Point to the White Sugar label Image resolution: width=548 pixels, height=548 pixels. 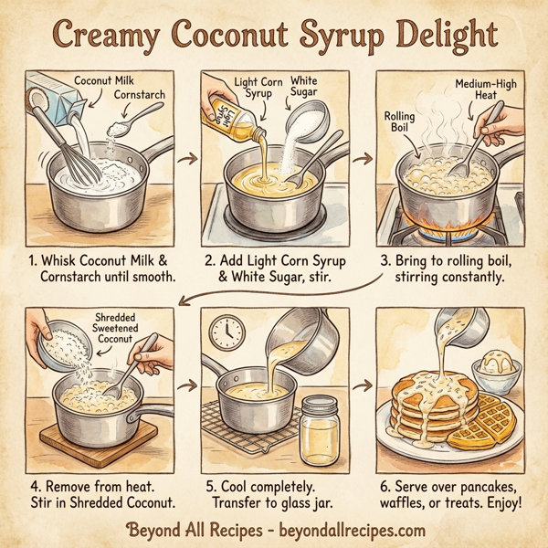(x=303, y=86)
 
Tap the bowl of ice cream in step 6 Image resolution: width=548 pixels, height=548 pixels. (x=495, y=366)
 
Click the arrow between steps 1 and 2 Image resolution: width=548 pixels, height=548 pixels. (x=187, y=161)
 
